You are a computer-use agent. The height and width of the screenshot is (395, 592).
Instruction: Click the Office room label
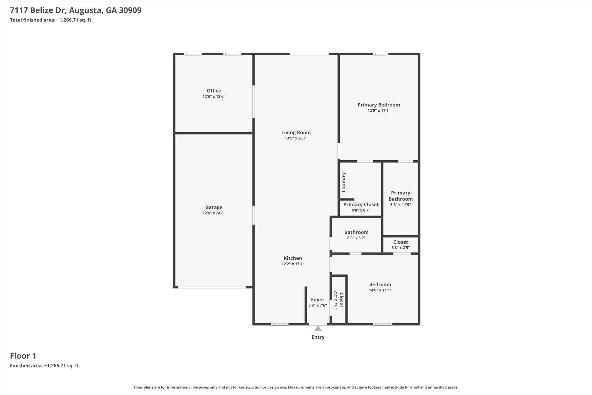(214, 91)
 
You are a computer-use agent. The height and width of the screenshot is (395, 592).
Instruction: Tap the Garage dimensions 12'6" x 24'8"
(214, 213)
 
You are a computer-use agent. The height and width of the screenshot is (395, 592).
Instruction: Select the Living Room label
(296, 133)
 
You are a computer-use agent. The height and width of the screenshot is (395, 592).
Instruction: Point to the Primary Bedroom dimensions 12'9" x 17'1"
(379, 111)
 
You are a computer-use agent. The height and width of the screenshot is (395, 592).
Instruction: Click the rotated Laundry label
(344, 182)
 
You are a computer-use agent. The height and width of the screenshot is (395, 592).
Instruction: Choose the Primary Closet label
(361, 205)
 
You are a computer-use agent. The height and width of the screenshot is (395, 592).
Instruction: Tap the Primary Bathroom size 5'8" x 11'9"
(400, 205)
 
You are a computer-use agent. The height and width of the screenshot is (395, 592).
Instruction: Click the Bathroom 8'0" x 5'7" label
(356, 232)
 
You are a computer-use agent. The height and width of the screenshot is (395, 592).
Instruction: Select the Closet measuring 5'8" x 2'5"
(400, 242)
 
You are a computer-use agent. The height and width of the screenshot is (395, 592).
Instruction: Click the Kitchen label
(293, 258)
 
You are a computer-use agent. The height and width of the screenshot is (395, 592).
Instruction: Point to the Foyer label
(317, 300)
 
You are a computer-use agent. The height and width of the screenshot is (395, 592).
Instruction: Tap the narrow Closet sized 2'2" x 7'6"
(341, 300)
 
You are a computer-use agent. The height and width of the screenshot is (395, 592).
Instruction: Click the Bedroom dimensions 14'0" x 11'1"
(380, 290)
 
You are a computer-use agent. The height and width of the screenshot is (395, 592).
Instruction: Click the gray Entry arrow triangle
(318, 328)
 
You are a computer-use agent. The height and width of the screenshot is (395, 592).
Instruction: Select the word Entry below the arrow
(318, 337)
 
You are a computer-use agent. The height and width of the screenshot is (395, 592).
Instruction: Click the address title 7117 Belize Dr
(75, 10)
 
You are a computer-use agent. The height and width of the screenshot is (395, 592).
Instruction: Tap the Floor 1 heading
(23, 356)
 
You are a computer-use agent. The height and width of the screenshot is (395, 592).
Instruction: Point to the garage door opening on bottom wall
(212, 287)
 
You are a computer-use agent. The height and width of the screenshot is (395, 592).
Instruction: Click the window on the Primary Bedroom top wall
(380, 54)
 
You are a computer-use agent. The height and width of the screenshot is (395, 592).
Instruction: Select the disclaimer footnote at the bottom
(296, 387)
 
